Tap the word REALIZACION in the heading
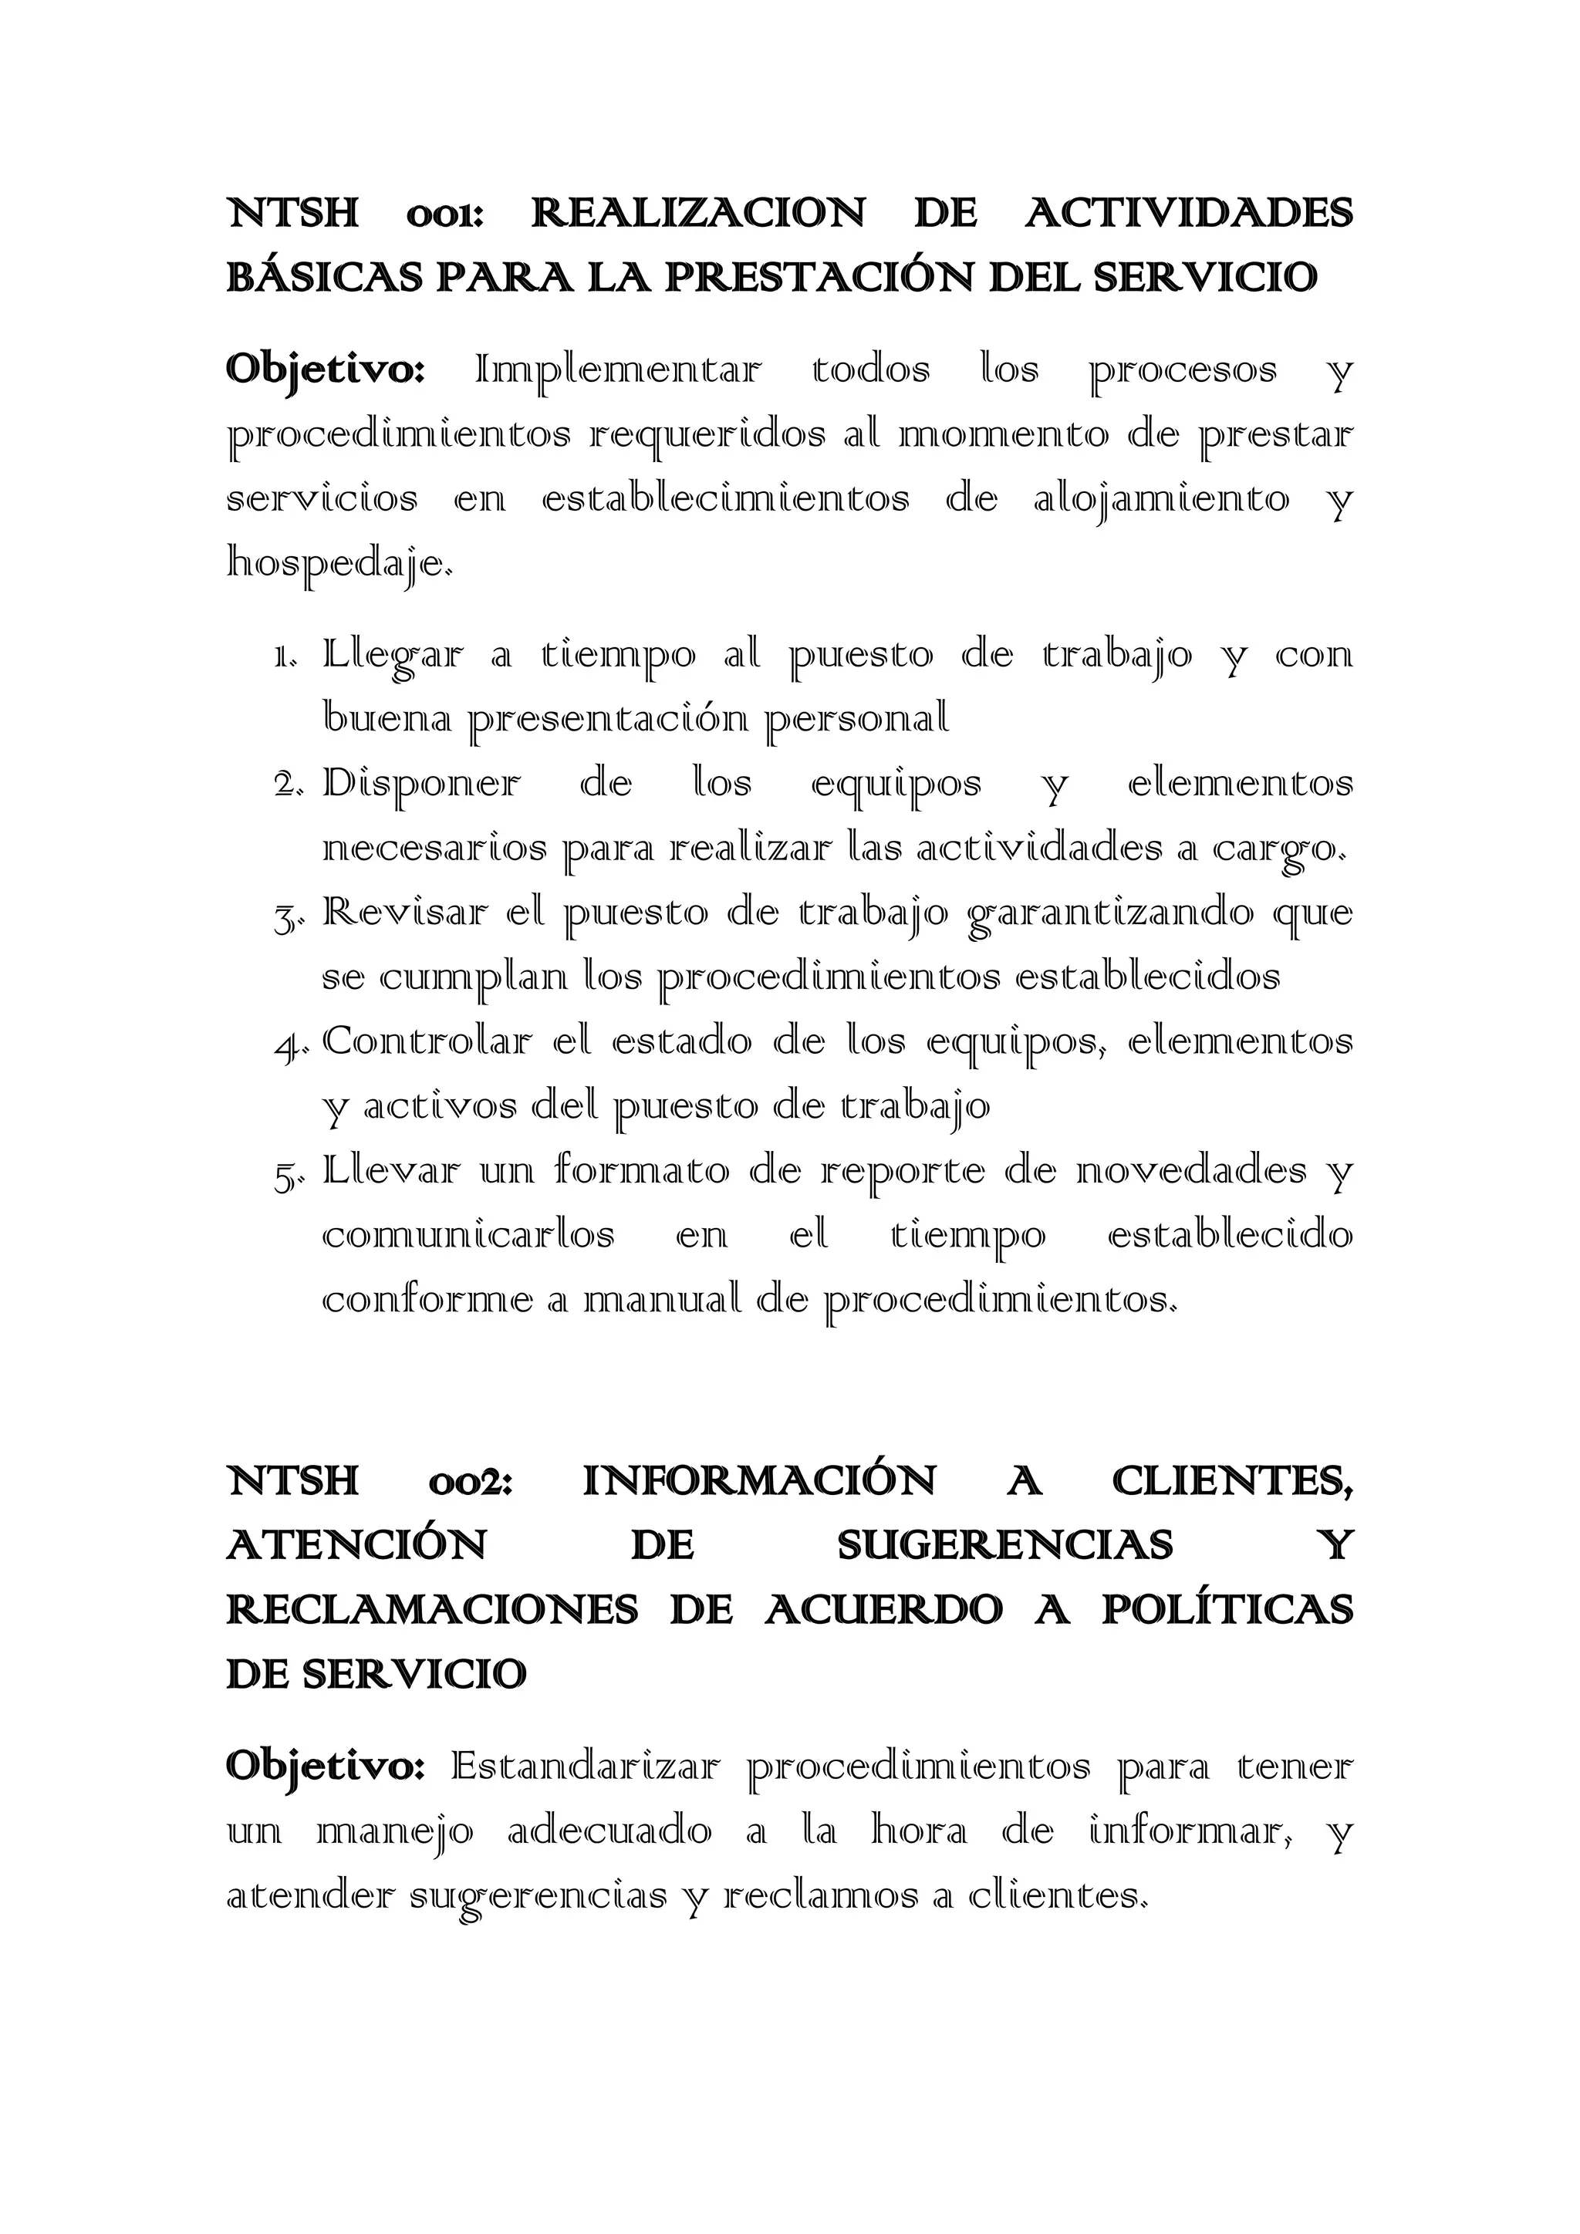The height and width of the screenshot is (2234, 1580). [697, 213]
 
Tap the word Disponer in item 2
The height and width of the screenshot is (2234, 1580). [421, 785]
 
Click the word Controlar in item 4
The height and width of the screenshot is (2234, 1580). [427, 1042]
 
